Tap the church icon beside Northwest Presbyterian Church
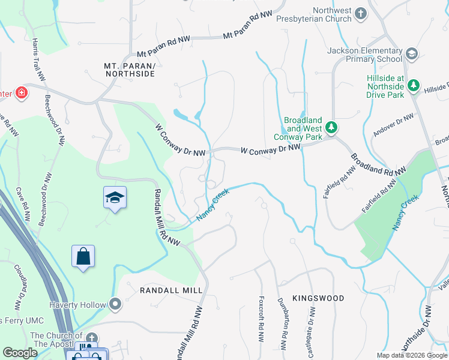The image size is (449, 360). pos(360,13)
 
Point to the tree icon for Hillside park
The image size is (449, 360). pos(413,86)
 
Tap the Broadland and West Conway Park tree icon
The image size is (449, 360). pos(331,127)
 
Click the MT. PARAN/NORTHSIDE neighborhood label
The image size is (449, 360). pos(129,69)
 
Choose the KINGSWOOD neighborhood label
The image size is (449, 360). pos(318,298)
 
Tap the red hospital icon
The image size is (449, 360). pos(21,93)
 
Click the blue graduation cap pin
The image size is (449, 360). pos(114,199)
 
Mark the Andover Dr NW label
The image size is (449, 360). pos(393,125)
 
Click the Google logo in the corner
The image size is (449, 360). pos(20,353)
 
